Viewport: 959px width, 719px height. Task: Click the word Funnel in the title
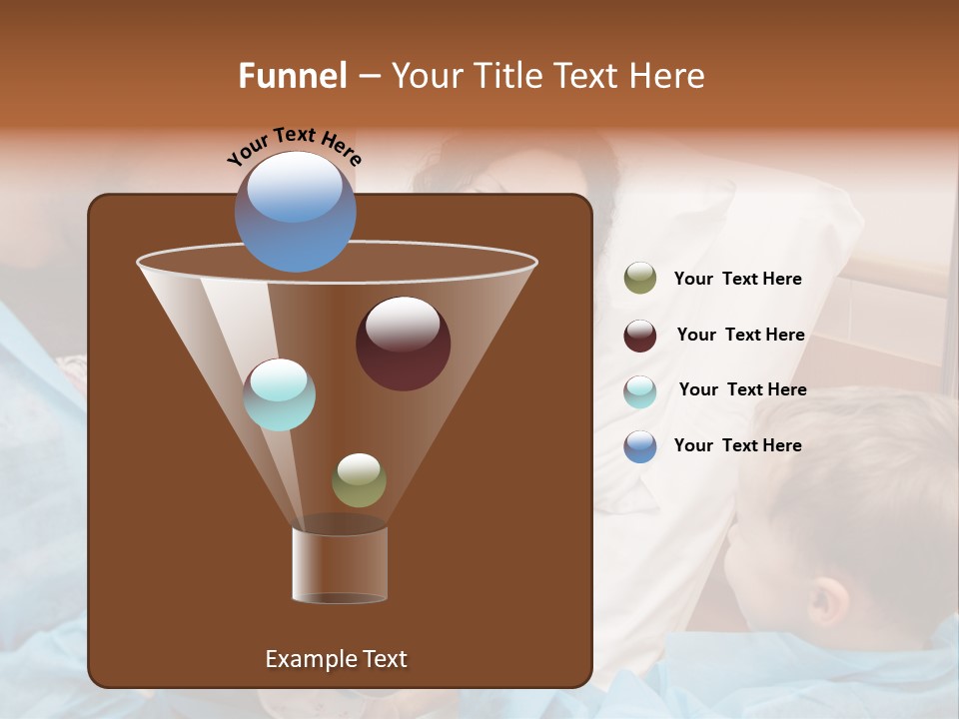292,76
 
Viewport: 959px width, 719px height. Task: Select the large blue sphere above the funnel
295,211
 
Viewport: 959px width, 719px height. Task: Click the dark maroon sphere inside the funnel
403,344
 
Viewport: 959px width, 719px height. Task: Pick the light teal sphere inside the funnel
280,394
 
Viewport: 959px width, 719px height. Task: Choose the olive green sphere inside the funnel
359,480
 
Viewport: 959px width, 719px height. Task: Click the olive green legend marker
640,279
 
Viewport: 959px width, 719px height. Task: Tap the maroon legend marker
640,336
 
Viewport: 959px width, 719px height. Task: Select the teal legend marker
640,391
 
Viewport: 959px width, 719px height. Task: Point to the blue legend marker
640,446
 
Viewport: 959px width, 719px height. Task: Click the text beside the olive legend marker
737,280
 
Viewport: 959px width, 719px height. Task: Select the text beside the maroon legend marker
740,336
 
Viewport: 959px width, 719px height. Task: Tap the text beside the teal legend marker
742,390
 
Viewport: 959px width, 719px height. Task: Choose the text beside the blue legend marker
737,445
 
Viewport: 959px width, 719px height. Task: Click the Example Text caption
336,659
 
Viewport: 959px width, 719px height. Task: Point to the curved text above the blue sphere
294,146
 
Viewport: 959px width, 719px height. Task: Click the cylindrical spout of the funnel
340,564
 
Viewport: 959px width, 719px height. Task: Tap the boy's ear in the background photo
827,599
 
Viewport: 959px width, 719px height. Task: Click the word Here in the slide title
667,76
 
